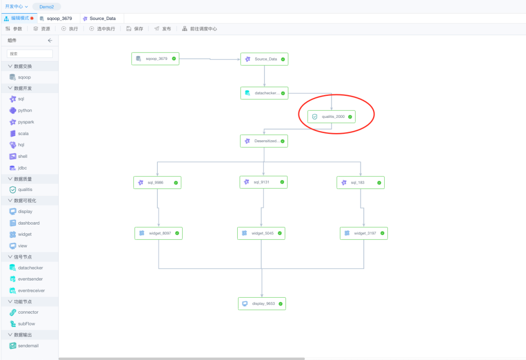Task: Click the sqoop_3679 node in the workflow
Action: (x=155, y=59)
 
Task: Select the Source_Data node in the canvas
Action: (x=264, y=59)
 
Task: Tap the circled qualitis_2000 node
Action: (x=331, y=117)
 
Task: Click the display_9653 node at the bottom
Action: (x=262, y=303)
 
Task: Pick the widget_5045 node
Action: (x=261, y=233)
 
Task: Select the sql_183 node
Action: (x=360, y=183)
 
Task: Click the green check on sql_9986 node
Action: (x=176, y=183)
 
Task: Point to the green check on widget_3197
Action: (x=383, y=233)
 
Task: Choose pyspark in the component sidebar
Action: (x=26, y=122)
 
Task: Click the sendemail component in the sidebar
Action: (x=28, y=345)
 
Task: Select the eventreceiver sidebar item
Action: (x=31, y=290)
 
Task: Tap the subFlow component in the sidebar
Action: (x=26, y=323)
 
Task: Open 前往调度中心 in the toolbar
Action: (x=199, y=29)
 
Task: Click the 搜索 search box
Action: (x=30, y=54)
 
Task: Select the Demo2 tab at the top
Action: (x=47, y=7)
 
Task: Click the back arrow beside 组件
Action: (x=50, y=40)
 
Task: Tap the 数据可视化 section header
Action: (x=25, y=200)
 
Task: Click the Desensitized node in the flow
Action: (x=264, y=141)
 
